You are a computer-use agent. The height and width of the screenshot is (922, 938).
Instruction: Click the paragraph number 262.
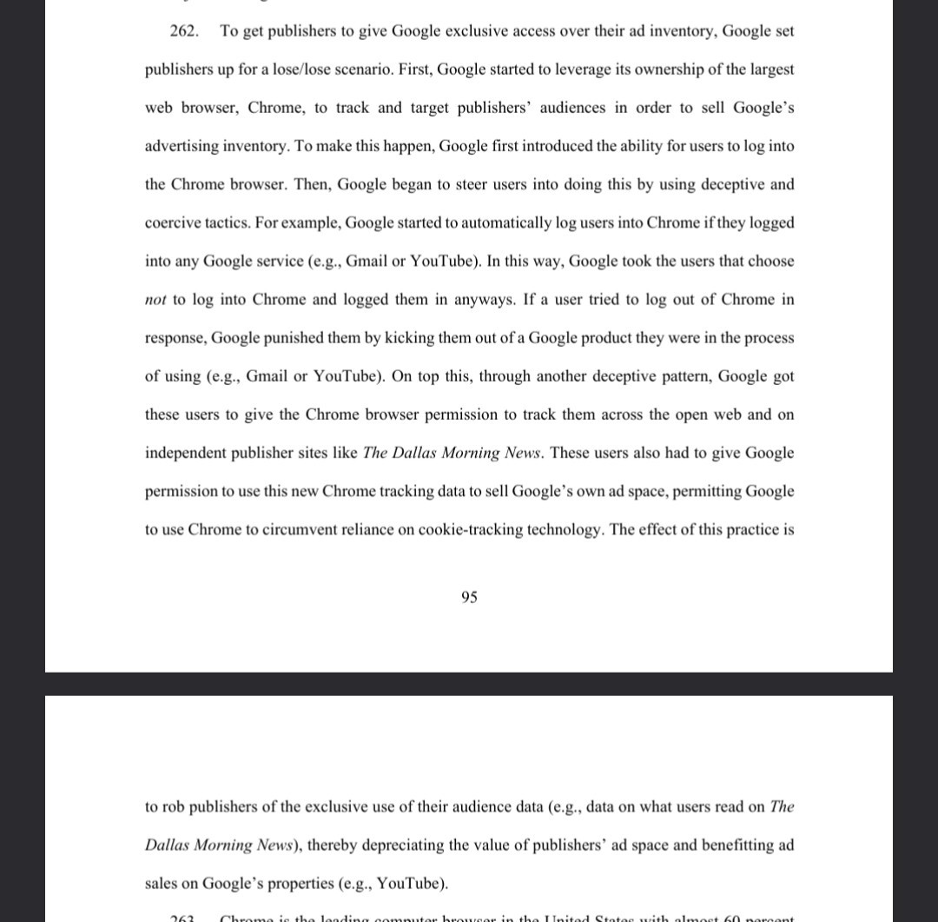pyautogui.click(x=184, y=31)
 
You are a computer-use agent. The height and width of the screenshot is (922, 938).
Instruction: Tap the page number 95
pyautogui.click(x=469, y=597)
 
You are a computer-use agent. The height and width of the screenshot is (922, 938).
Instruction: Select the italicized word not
pyautogui.click(x=155, y=300)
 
